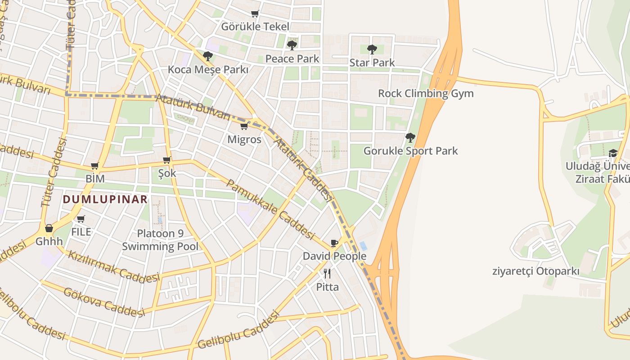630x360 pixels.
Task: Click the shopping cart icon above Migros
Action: click(244, 126)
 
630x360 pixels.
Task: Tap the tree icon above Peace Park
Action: click(292, 45)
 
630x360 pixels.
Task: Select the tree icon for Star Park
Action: click(372, 49)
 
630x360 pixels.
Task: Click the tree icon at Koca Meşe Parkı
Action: click(207, 56)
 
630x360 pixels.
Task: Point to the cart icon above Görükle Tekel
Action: click(255, 13)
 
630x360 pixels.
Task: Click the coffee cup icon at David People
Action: click(334, 243)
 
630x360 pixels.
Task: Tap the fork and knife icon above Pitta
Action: click(327, 273)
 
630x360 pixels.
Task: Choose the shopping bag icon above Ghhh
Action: click(49, 228)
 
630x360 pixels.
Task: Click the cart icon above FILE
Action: click(81, 219)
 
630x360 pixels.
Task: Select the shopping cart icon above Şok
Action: click(167, 160)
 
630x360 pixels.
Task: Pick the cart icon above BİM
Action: click(94, 166)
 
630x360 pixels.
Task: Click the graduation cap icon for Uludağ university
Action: click(613, 153)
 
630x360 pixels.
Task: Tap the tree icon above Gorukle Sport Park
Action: click(410, 137)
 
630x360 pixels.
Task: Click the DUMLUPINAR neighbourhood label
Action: click(105, 199)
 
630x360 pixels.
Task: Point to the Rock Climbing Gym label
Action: click(426, 94)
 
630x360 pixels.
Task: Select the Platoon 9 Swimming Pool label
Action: click(160, 240)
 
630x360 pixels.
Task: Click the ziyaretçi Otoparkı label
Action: click(535, 271)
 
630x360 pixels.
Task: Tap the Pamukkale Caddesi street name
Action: click(270, 210)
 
